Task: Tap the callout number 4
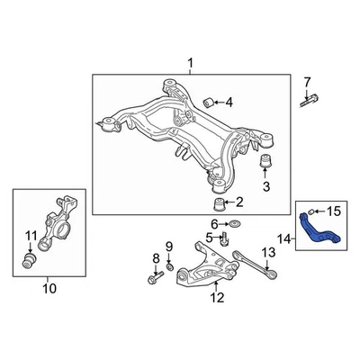click(x=229, y=103)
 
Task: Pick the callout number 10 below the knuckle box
click(x=49, y=289)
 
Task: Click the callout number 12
click(x=216, y=298)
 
